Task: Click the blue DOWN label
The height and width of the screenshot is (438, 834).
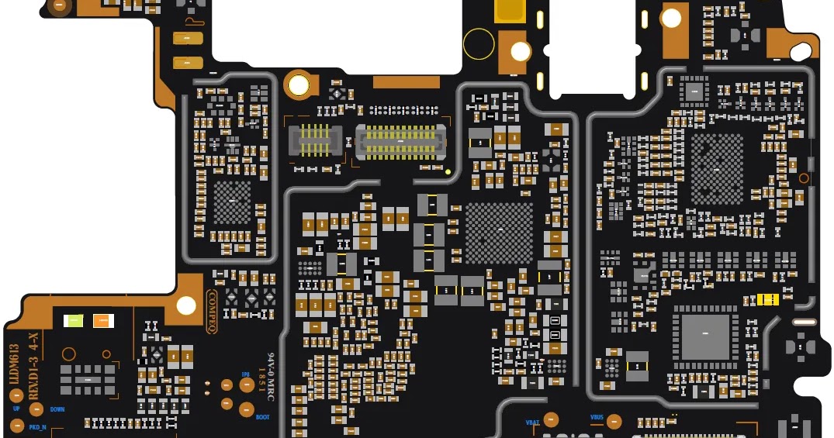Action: pyautogui.click(x=57, y=409)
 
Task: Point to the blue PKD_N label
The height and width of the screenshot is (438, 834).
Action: pyautogui.click(x=37, y=427)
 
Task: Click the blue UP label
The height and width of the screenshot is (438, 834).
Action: pyautogui.click(x=16, y=409)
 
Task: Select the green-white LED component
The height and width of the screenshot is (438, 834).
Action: pyautogui.click(x=74, y=320)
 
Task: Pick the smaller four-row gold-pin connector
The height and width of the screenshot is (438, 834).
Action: pyautogui.click(x=314, y=140)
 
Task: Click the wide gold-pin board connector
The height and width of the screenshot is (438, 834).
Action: pyautogui.click(x=401, y=140)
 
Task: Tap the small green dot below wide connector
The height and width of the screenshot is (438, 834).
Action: pyautogui.click(x=448, y=171)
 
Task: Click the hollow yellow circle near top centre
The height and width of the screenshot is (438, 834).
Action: pyautogui.click(x=479, y=43)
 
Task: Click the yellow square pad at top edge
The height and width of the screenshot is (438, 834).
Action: pyautogui.click(x=509, y=11)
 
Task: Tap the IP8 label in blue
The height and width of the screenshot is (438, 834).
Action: pyautogui.click(x=245, y=374)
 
